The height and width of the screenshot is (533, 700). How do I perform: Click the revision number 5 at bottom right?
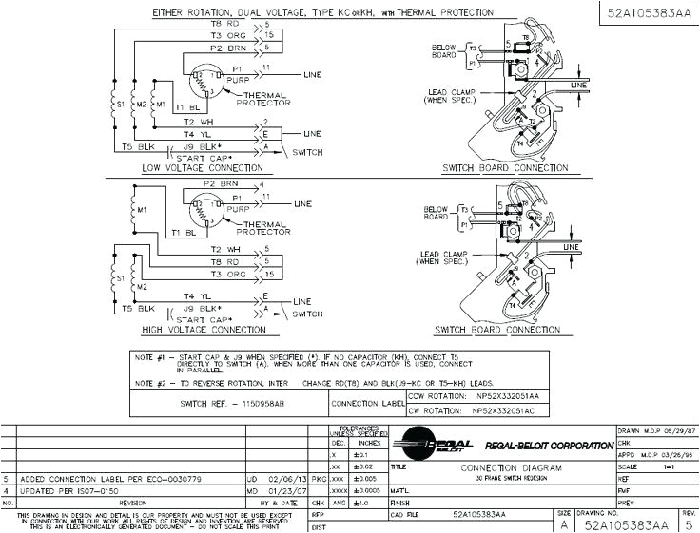coord(689,523)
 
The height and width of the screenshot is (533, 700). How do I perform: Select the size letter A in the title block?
coord(564,523)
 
